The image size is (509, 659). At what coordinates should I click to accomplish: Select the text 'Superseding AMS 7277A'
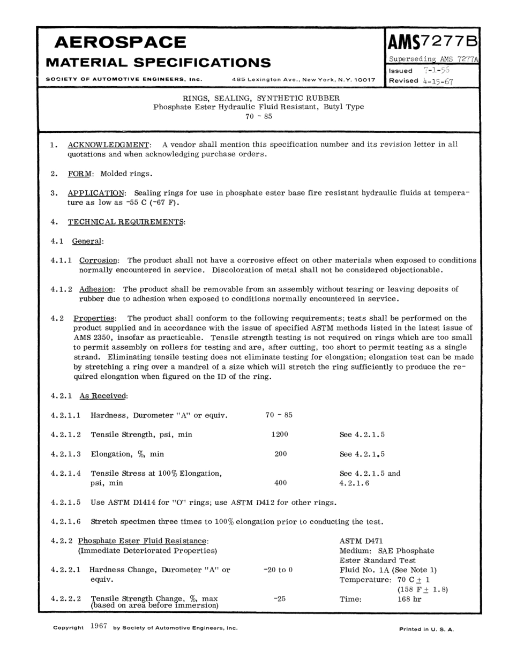[433, 59]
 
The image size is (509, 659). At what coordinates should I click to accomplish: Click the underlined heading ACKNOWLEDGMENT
[109, 145]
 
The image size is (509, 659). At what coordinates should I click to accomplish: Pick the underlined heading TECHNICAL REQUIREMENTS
[126, 222]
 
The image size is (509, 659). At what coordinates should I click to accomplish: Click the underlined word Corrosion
[99, 260]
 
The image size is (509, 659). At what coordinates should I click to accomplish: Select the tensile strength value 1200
[280, 435]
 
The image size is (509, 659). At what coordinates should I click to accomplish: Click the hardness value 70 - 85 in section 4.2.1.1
[279, 415]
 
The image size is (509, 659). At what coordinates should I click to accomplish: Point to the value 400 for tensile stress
[280, 483]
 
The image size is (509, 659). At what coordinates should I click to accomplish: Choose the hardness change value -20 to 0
[278, 570]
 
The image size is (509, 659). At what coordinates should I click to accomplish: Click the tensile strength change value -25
[279, 599]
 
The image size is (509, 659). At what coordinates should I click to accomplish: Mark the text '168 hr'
[409, 599]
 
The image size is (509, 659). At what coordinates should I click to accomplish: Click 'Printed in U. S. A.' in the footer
[426, 629]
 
